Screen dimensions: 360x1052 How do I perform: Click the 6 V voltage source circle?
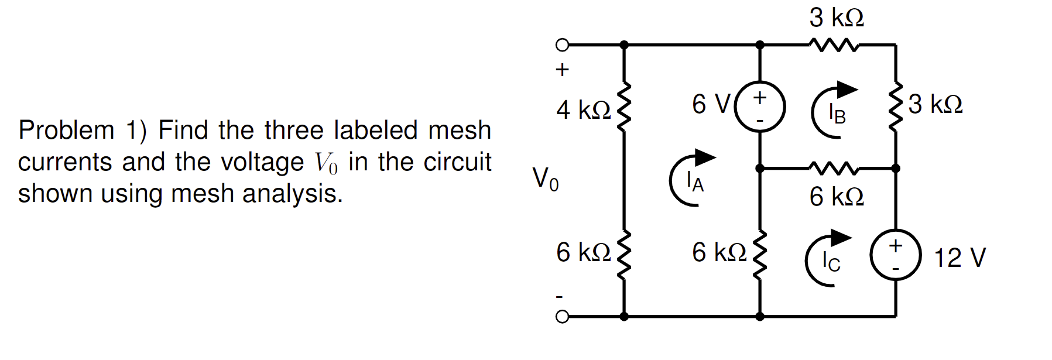click(x=759, y=107)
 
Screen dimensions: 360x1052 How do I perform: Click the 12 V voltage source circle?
click(x=895, y=255)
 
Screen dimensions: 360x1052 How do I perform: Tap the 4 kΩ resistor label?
click(x=583, y=109)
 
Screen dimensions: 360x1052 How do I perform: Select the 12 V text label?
click(x=960, y=258)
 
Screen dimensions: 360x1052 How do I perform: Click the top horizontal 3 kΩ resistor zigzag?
click(x=834, y=44)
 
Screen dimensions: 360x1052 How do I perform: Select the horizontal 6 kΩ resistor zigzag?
click(x=834, y=168)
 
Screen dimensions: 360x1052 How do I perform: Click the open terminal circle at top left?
click(x=561, y=44)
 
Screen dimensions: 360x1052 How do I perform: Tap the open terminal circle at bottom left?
click(x=561, y=317)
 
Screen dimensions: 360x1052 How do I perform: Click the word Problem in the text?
click(x=66, y=131)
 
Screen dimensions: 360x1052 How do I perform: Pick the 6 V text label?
click(x=711, y=105)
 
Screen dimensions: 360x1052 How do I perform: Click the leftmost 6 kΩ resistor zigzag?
click(x=624, y=255)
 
